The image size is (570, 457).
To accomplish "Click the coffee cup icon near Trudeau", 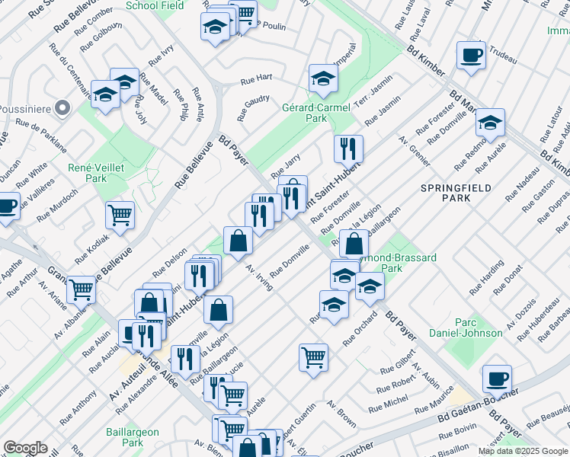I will (471, 55).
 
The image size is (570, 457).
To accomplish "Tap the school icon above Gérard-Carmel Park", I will (323, 78).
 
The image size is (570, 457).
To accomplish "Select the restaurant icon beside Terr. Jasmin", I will (348, 149).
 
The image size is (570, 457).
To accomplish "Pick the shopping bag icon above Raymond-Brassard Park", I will (354, 244).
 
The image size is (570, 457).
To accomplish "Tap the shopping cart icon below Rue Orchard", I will (313, 357).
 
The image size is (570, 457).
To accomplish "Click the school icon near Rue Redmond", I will (490, 122).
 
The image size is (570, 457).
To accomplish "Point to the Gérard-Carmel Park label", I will (316, 113).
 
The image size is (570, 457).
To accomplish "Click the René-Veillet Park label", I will (97, 172).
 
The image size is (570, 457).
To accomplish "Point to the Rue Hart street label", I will (256, 79).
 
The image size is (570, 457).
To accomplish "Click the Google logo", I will (25, 448).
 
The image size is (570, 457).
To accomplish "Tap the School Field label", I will (155, 5).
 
